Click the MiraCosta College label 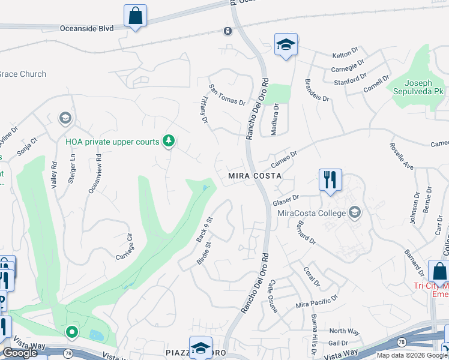tap(312, 212)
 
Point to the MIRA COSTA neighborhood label tap(255, 176)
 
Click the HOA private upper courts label tap(112, 142)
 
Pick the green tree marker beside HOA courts tap(169, 141)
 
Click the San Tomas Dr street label tap(227, 95)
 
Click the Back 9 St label tap(205, 230)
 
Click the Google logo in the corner tap(20, 353)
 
